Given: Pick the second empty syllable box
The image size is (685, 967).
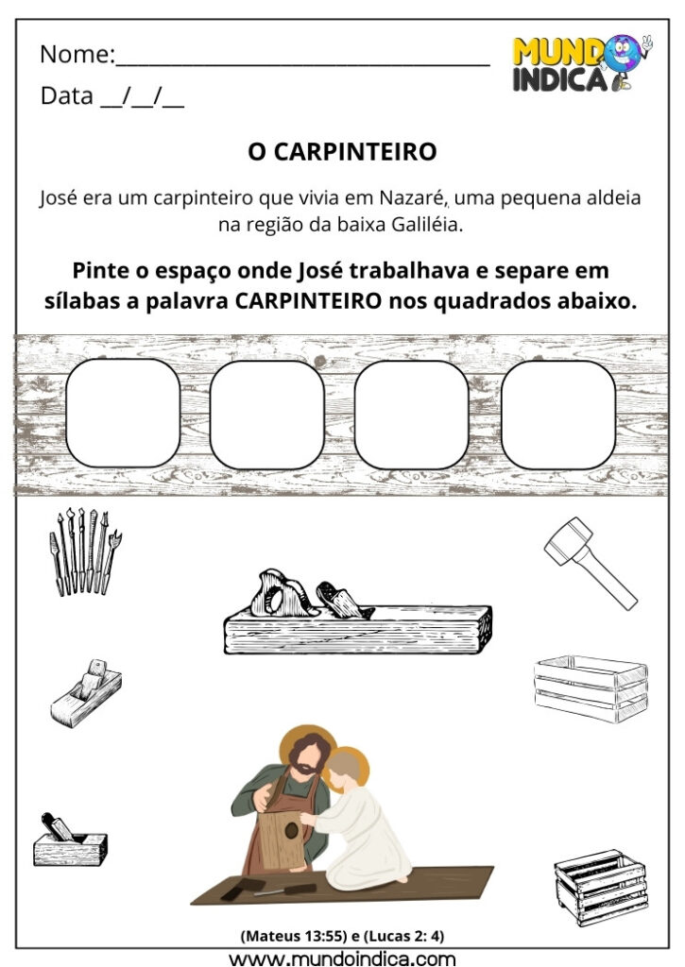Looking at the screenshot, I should tap(267, 415).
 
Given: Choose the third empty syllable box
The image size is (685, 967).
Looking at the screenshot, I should tap(412, 415).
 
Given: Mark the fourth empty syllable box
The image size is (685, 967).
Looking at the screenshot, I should tap(557, 415).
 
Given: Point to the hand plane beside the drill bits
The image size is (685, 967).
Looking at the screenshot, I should tap(86, 694).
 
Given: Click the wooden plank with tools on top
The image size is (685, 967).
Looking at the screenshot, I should tap(357, 627).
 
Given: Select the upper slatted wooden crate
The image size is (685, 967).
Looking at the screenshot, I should tap(591, 688).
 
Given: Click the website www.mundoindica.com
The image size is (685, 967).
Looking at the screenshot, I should tap(342, 957).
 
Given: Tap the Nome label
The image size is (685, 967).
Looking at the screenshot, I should tap(76, 55).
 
